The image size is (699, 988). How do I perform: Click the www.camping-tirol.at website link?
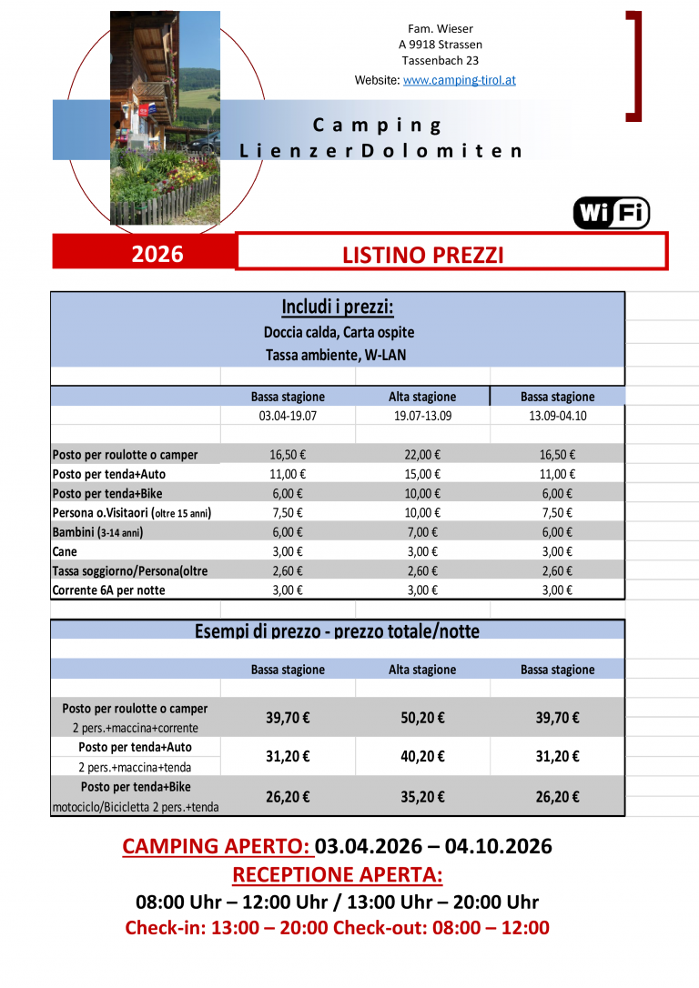pos(459,80)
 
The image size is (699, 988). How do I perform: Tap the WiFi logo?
pos(611,213)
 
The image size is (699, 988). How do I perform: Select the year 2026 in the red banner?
pos(157,254)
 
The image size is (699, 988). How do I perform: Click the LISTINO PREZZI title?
pos(422,256)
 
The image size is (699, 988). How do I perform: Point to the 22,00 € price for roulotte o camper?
pos(422,455)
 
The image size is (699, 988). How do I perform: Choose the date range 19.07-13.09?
pos(422,416)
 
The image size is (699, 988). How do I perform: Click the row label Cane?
pos(66,551)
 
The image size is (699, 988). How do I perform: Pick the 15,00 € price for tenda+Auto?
pos(422,474)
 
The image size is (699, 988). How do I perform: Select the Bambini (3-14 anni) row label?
pos(98,532)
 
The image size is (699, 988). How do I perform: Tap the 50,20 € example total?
pos(422,718)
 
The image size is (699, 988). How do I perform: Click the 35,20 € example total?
pos(422,797)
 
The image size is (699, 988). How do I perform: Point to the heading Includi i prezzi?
pos(338,307)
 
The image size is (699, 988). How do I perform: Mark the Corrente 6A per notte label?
pos(109,590)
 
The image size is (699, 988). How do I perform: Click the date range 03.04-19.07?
pos(288,416)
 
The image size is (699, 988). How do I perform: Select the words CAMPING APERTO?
pos(217,847)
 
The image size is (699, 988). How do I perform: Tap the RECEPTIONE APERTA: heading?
pos(338,875)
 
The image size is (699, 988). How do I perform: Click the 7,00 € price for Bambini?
pos(422,532)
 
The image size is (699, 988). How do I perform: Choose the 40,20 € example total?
pos(422,756)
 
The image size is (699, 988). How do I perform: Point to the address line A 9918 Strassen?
pos(441,45)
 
